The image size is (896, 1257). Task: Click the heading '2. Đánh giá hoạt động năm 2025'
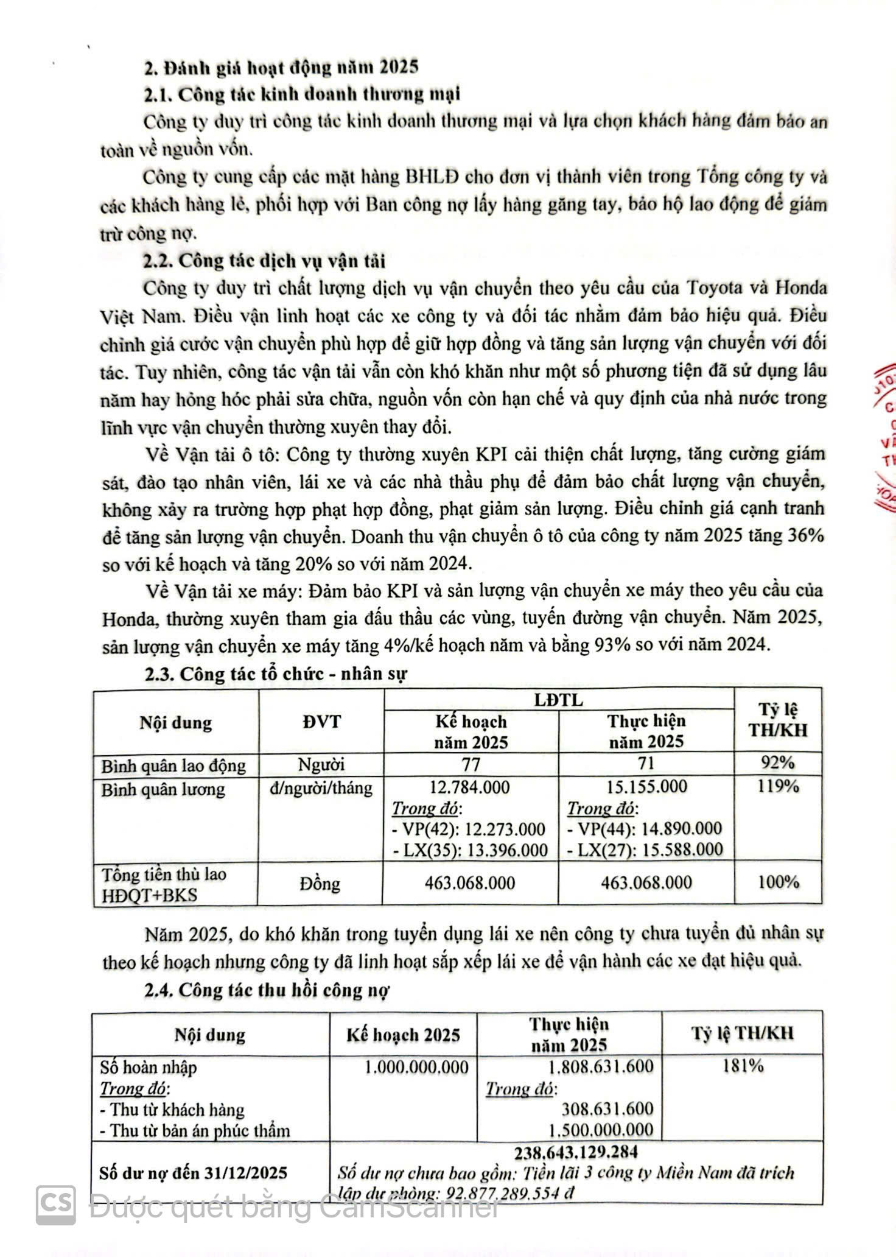point(281,67)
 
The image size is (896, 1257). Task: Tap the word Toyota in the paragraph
point(718,287)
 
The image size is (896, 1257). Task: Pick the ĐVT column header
point(321,722)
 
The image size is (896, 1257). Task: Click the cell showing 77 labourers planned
point(471,764)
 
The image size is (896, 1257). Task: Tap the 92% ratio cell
point(778,763)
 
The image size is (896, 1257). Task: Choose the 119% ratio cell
point(778,787)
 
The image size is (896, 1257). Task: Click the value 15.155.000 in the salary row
point(646,787)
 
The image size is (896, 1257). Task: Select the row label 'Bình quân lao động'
point(174,766)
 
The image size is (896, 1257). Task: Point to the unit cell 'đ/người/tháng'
point(321,788)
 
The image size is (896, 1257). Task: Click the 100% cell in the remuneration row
point(779,882)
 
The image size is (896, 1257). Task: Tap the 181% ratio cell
point(743,1066)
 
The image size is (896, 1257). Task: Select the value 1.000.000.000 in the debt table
point(417,1067)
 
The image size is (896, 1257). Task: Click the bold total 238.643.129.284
point(576,1152)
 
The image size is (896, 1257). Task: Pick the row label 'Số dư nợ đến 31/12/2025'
point(193,1173)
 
